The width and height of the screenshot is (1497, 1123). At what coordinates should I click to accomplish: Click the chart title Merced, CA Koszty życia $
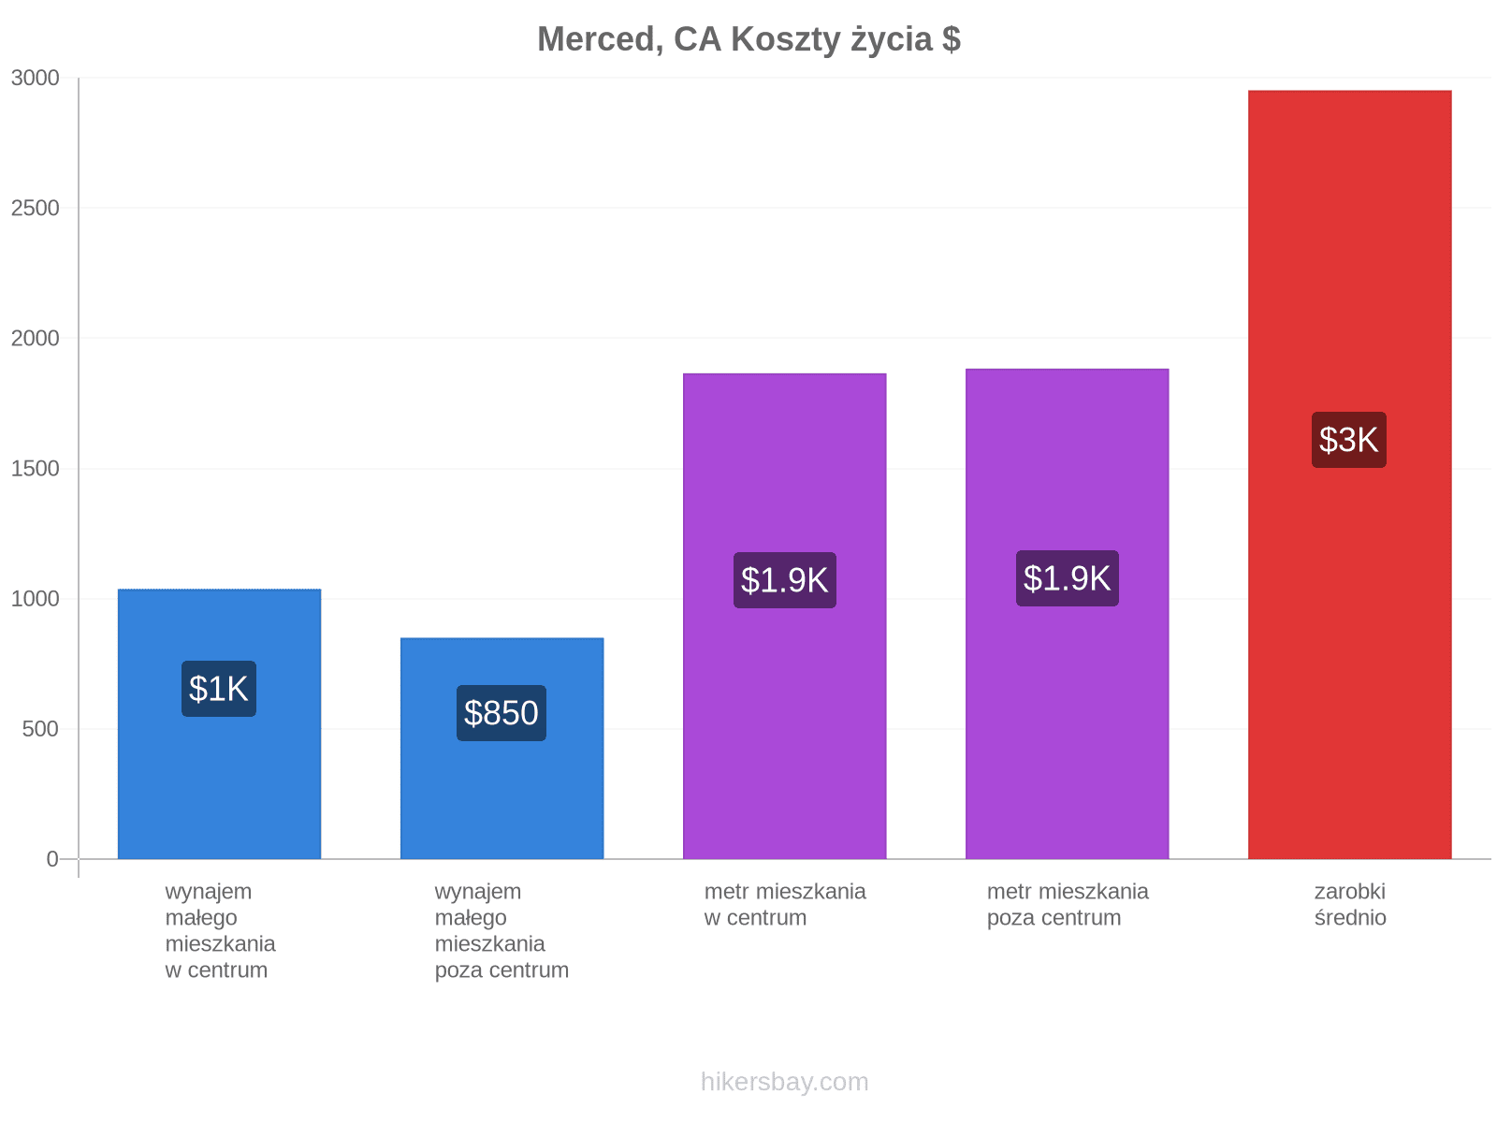click(x=748, y=39)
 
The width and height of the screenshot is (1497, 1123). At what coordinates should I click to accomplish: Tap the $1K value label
click(x=218, y=688)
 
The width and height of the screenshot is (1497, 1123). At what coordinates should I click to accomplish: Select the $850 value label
click(x=501, y=712)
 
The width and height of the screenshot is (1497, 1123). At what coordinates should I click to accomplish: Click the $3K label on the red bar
click(x=1347, y=439)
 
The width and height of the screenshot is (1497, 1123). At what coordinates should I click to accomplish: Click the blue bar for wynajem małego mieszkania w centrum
click(x=219, y=723)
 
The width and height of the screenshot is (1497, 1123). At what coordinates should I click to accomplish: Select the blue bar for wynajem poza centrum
click(x=501, y=748)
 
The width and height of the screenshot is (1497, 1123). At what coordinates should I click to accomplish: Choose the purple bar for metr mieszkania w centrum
click(x=784, y=616)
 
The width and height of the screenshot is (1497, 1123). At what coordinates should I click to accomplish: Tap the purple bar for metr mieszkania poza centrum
click(x=1067, y=614)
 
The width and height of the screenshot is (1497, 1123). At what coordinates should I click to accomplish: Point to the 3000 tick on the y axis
click(x=35, y=78)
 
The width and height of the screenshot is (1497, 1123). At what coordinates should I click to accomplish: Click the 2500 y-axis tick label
click(x=35, y=208)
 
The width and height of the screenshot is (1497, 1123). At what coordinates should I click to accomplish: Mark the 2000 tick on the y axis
click(x=35, y=338)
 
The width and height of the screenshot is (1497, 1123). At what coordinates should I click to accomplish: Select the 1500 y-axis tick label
click(x=35, y=469)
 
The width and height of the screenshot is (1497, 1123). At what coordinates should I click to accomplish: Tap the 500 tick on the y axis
click(x=40, y=729)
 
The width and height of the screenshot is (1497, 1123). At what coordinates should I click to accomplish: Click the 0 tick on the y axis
click(x=52, y=858)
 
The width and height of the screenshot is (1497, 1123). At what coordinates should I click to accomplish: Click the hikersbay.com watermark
click(x=784, y=1082)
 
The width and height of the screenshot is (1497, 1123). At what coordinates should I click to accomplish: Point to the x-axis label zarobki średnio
click(x=1349, y=904)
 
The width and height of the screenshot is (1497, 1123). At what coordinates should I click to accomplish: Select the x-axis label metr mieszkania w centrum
click(x=784, y=904)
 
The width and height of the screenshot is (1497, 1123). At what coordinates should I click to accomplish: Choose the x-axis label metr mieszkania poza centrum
click(x=1067, y=904)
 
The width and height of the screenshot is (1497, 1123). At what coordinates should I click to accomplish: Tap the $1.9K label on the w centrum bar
click(x=784, y=579)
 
